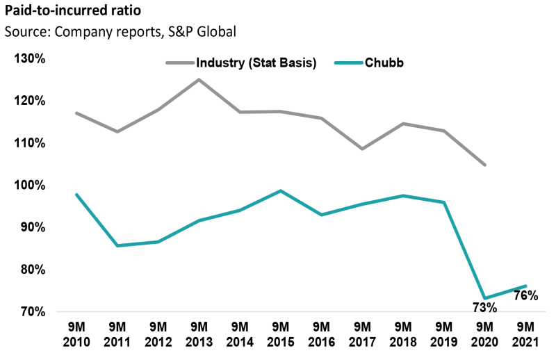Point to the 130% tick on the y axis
point(29,59)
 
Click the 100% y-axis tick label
point(29,186)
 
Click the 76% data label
point(525,295)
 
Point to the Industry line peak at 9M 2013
point(199,79)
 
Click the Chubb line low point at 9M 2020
point(484,299)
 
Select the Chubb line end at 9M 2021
point(525,286)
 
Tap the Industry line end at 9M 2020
point(484,165)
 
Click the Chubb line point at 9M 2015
point(280,190)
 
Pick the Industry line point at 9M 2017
point(362,149)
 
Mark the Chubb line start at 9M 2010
point(76,195)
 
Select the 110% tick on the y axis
point(29,143)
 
